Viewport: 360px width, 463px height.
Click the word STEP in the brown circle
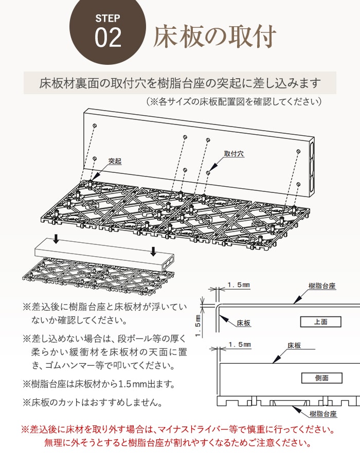[x=107, y=19]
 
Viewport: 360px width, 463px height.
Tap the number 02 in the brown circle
[x=108, y=39]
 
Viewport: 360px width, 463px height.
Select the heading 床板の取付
[x=215, y=36]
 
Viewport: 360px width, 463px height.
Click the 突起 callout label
[x=115, y=162]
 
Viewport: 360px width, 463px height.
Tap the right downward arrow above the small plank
[x=153, y=251]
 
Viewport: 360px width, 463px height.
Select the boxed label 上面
[x=320, y=322]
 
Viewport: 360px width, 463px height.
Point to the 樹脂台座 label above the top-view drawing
[x=322, y=286]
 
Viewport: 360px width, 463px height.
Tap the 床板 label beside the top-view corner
[x=244, y=323]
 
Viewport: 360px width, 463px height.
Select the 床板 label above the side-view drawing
[x=294, y=346]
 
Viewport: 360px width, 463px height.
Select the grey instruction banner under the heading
[x=180, y=83]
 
